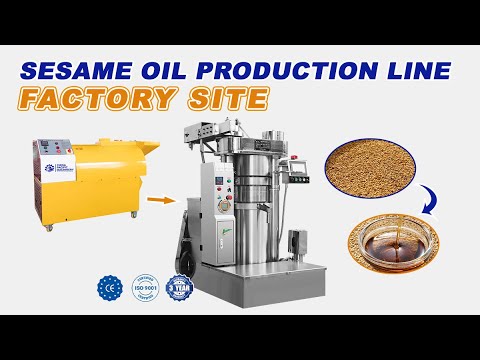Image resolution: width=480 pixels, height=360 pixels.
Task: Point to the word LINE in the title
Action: point(421,72)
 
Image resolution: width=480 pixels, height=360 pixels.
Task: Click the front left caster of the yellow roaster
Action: point(48,229)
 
